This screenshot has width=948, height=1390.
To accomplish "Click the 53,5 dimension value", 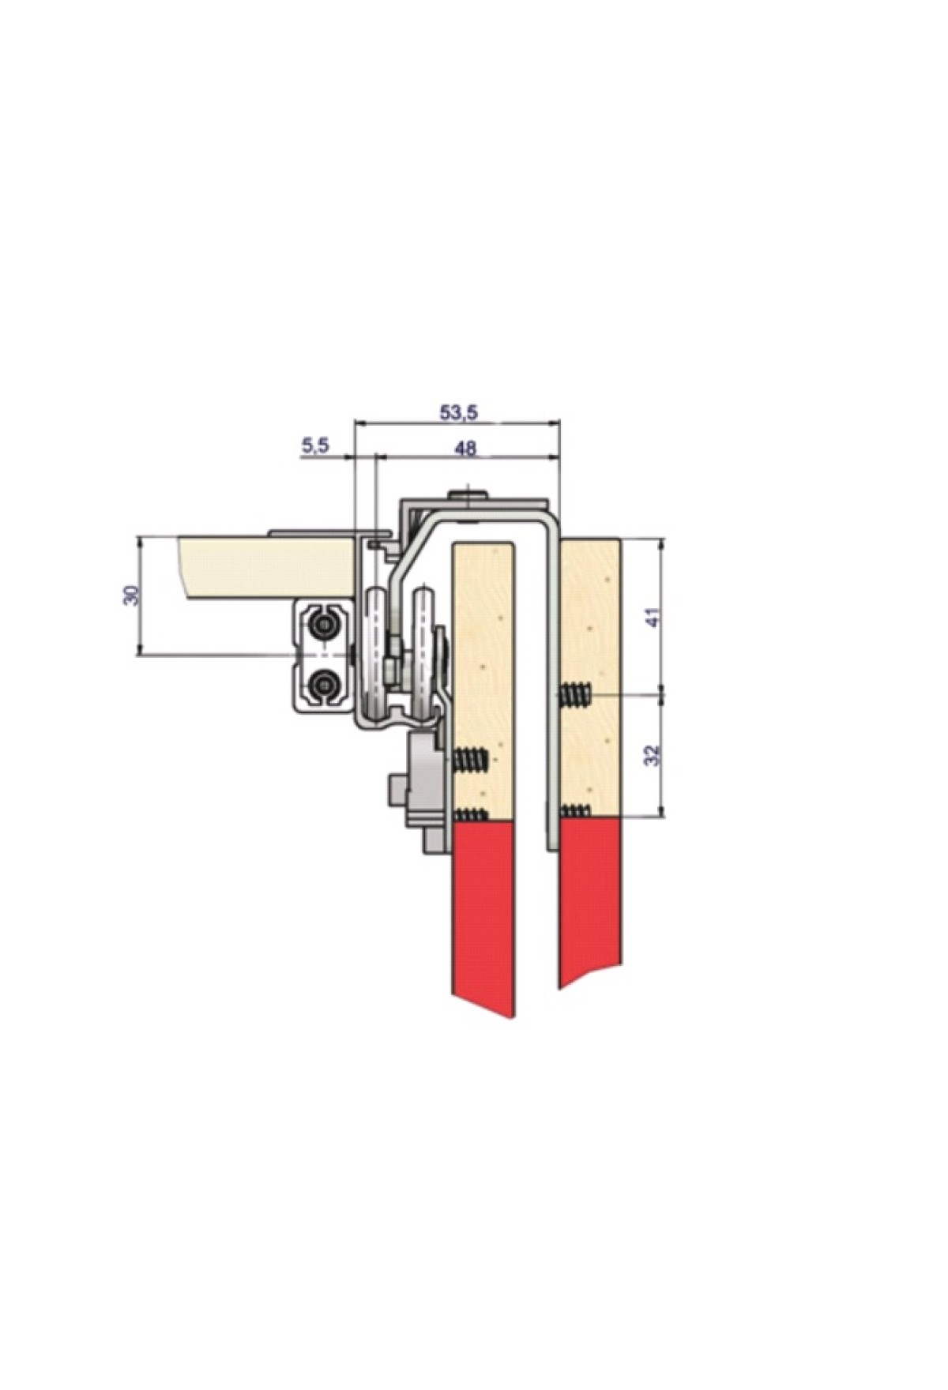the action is (458, 411).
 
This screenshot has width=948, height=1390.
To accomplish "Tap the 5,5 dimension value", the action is (314, 447).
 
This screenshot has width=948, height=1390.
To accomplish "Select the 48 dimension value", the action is (467, 449).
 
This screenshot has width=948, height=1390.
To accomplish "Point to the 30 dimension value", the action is (134, 595).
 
